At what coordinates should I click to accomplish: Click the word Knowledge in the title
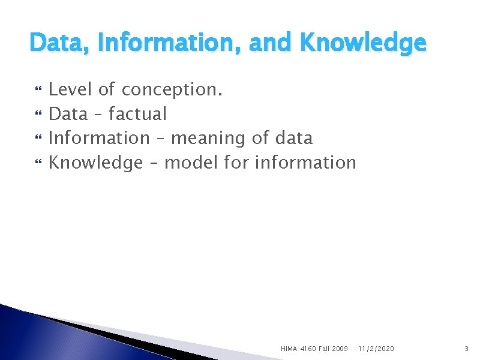(362, 43)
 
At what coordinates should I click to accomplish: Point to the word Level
(70, 90)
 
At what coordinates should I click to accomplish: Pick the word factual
(137, 114)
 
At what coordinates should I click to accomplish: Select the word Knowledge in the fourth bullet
(95, 163)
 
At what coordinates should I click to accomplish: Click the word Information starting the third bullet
(98, 138)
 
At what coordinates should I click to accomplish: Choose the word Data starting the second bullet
(68, 114)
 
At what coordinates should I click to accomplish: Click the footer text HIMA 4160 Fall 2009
(314, 348)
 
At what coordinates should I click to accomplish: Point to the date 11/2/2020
(377, 348)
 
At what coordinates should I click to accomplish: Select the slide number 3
(466, 348)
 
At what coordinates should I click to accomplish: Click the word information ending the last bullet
(305, 162)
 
